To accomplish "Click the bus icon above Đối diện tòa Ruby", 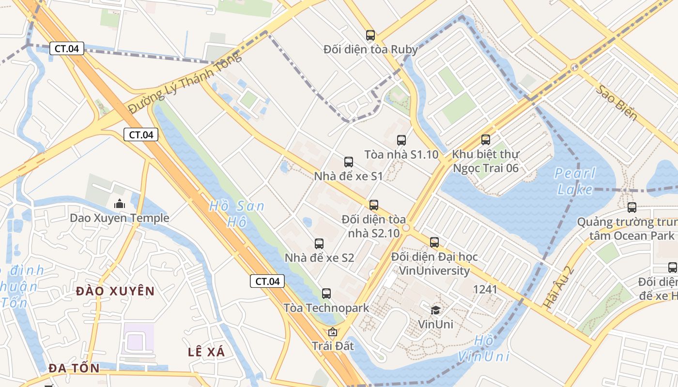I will (x=370, y=35).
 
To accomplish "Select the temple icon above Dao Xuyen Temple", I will (x=120, y=204).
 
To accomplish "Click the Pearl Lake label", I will (x=575, y=181).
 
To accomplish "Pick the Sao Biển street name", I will (x=616, y=103).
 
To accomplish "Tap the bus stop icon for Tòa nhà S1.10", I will (x=401, y=140).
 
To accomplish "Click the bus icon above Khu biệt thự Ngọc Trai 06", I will (x=486, y=140).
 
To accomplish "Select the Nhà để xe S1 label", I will (x=348, y=176).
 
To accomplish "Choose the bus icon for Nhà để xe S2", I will (x=319, y=244).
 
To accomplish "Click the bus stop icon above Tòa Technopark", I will (x=326, y=294).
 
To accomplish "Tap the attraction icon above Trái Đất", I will (x=333, y=332).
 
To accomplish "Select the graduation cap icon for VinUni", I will (x=436, y=310).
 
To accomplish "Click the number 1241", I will (x=485, y=289).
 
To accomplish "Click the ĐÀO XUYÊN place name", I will (x=115, y=291).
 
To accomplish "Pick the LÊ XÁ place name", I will (x=206, y=352).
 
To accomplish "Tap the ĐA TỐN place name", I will (x=74, y=368).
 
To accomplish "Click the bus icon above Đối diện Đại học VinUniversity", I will (x=434, y=242).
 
